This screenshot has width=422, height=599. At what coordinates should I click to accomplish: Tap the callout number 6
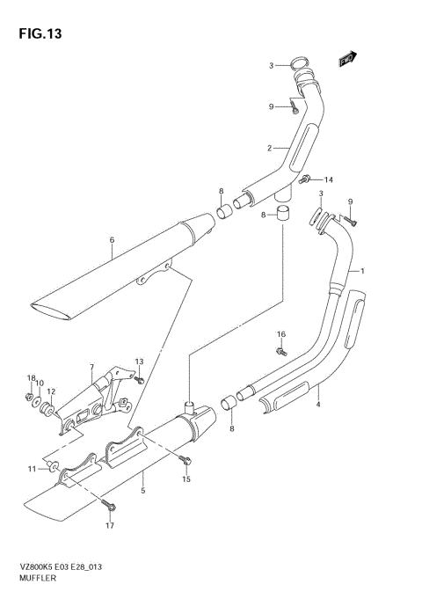(113, 240)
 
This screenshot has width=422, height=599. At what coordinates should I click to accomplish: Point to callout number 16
(281, 334)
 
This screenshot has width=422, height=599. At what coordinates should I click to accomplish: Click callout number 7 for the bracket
(91, 367)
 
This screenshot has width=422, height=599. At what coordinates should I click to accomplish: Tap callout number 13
(139, 362)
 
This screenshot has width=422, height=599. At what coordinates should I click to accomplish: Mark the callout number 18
(29, 377)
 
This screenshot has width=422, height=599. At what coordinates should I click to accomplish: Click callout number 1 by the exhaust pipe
(363, 271)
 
